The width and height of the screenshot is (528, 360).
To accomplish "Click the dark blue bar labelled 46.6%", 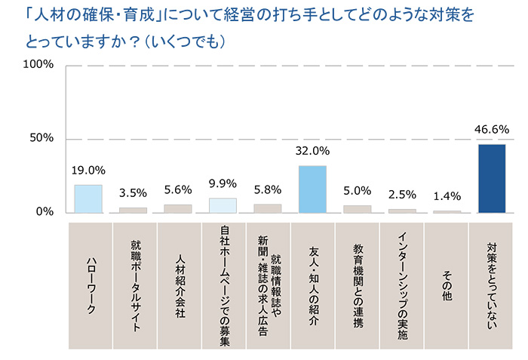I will (x=492, y=178).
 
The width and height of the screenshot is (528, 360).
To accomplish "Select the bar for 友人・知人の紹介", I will (x=312, y=189).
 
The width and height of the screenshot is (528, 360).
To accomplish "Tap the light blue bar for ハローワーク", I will (x=88, y=198).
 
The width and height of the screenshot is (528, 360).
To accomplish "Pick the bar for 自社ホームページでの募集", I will (x=223, y=205).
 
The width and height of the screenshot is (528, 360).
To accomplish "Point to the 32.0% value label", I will (x=312, y=151).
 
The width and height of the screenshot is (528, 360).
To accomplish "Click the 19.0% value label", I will (x=88, y=171).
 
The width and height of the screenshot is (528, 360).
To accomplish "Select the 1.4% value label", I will (x=447, y=196).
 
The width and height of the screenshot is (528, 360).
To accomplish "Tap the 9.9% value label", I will (x=223, y=183).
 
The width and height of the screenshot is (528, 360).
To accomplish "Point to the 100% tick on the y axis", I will (x=39, y=65).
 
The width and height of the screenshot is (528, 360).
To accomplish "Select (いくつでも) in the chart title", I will (x=184, y=41).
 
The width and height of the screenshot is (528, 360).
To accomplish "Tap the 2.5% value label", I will (x=402, y=195).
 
